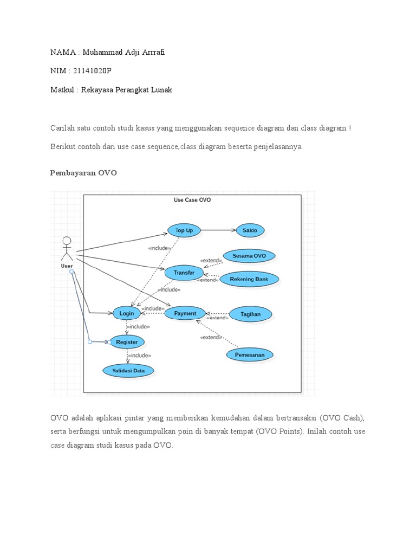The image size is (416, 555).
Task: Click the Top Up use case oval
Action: point(184,230)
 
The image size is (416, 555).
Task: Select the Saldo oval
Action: point(250,230)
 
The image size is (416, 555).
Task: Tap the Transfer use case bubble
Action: point(184,273)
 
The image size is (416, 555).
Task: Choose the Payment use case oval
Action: point(185,313)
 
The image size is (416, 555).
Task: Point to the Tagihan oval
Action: point(250,313)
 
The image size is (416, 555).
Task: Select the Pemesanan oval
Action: point(250,355)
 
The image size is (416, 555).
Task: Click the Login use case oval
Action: point(127,313)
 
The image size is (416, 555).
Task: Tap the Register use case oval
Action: point(127,342)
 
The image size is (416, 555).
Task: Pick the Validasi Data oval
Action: point(128,371)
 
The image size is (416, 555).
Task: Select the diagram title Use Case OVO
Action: point(192,200)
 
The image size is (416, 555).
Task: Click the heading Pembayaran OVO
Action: point(83,173)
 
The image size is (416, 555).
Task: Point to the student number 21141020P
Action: point(93,71)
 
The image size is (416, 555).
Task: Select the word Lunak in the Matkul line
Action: point(161,90)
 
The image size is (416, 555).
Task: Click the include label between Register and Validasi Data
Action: point(139,356)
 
